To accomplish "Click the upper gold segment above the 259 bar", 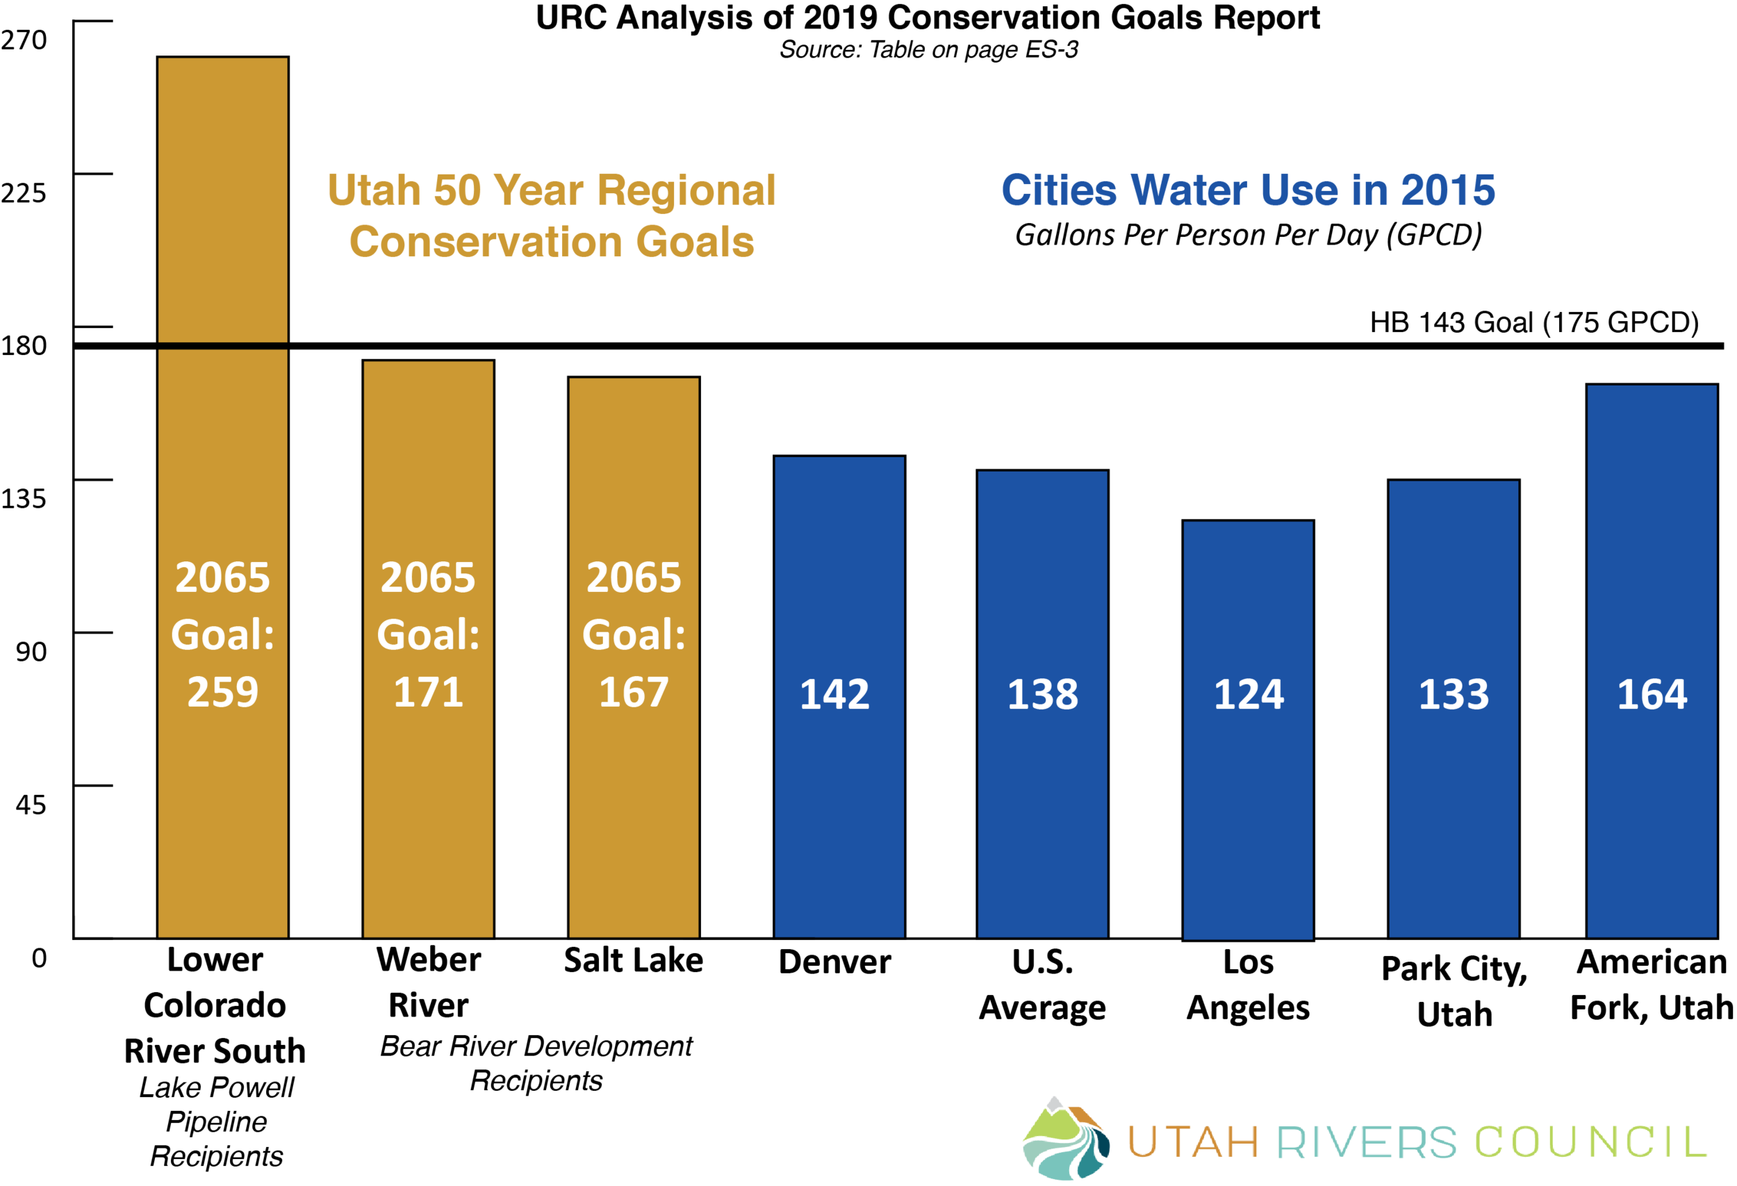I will click(223, 199).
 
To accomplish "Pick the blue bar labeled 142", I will click(839, 807).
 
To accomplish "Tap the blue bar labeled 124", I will click(1247, 822).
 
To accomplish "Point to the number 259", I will click(223, 692).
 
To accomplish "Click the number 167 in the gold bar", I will click(634, 692).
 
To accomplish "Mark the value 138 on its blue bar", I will click(1043, 694).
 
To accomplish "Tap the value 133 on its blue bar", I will click(1454, 694).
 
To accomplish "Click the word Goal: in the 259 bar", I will click(223, 635).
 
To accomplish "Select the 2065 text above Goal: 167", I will click(634, 577).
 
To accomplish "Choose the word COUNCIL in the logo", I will click(1591, 1143).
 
